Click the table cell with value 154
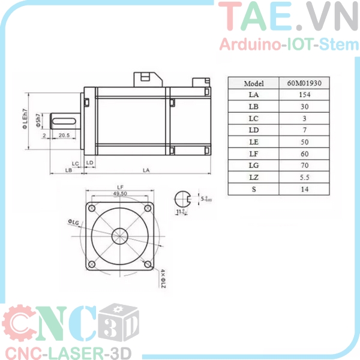(304, 95)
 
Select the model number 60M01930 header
(304, 83)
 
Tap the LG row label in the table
(253, 165)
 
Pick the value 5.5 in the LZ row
(304, 177)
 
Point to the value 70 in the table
(304, 165)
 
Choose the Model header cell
(253, 83)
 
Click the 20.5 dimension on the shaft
(64, 136)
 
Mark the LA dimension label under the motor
(146, 170)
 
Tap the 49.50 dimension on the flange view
(119, 194)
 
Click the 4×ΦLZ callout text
(163, 277)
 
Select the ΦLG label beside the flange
(74, 223)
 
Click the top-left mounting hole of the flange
(92, 208)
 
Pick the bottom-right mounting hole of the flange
(147, 264)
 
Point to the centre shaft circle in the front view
(119, 236)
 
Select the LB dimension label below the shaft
(68, 170)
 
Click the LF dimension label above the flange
(119, 187)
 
